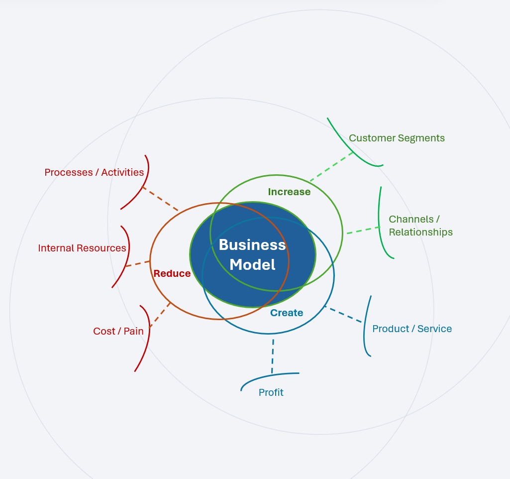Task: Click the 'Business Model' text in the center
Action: [252, 254]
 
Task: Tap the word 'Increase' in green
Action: [289, 192]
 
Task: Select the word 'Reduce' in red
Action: [172, 273]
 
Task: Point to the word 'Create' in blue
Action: [287, 313]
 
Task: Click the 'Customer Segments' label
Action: [397, 138]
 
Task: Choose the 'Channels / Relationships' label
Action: [420, 226]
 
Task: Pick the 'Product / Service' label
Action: [412, 329]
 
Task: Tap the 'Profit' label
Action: [271, 392]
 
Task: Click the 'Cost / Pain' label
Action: [118, 331]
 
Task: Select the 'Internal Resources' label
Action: [82, 248]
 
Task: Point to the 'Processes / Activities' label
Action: [94, 172]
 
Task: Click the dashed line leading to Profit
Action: [273, 356]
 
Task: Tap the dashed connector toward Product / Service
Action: [343, 314]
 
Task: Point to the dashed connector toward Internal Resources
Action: [138, 263]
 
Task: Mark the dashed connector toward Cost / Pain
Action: [160, 315]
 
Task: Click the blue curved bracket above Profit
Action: [269, 375]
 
